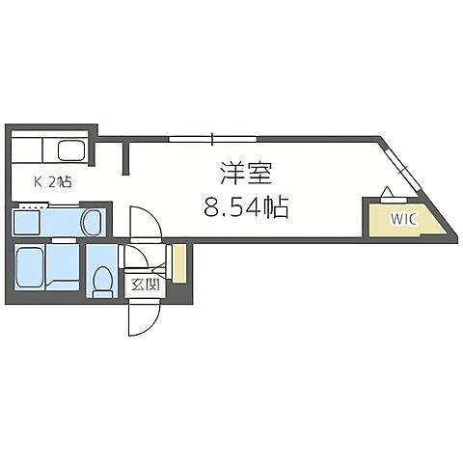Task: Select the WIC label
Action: [x=403, y=218]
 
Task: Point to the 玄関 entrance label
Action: [x=142, y=286]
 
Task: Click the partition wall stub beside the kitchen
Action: [x=125, y=157]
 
